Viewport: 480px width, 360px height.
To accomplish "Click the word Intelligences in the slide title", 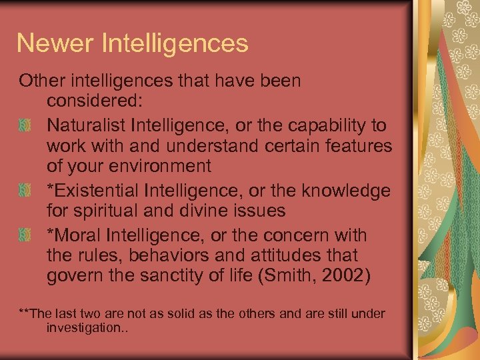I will pos(175,43).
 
